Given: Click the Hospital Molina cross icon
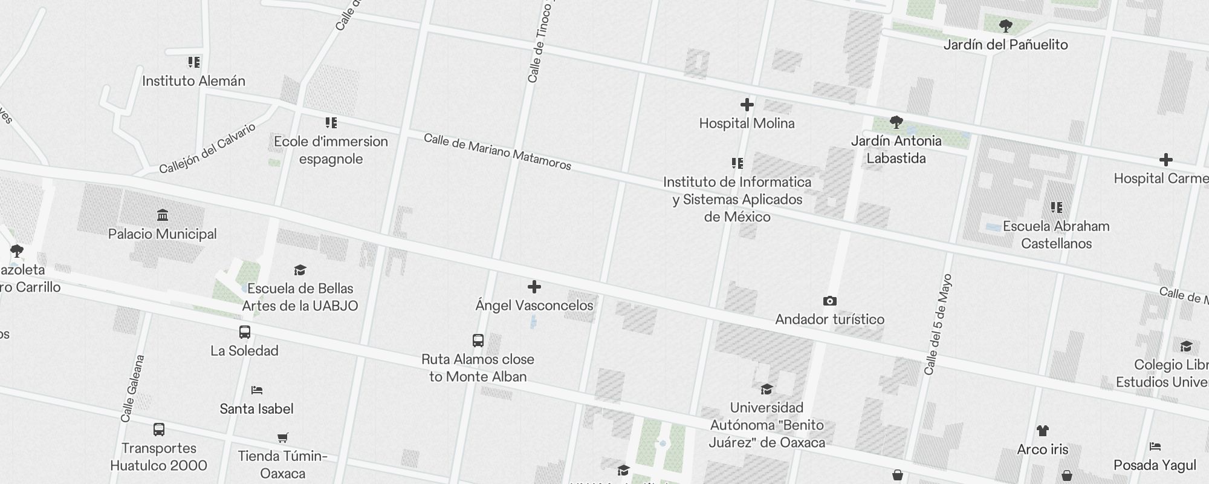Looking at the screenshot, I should [x=747, y=105].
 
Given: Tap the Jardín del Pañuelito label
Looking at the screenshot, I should [x=1005, y=45].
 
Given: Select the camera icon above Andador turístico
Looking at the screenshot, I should [x=830, y=301].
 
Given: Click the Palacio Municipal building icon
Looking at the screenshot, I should [x=162, y=215].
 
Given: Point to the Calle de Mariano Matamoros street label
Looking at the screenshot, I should [x=497, y=152].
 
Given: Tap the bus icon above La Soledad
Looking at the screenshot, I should [x=245, y=332].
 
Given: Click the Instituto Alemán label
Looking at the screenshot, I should [x=193, y=81].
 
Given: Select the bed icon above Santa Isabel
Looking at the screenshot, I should [x=257, y=390].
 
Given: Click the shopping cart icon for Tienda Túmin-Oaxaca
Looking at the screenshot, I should [x=282, y=437].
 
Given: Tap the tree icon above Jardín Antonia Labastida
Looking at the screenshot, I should [x=896, y=123].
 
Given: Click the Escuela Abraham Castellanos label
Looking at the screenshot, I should [x=1056, y=235].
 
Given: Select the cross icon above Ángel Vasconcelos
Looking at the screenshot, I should [x=534, y=287].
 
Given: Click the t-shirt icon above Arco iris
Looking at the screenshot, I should [x=1042, y=431].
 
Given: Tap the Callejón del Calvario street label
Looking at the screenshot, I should [x=207, y=149].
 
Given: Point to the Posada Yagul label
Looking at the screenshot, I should [x=1155, y=465].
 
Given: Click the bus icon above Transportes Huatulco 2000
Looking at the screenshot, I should [x=159, y=430].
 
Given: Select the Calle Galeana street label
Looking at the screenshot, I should [x=132, y=388].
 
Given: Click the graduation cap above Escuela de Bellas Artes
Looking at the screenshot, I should [x=300, y=270].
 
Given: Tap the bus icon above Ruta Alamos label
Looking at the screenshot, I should [x=478, y=341].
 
